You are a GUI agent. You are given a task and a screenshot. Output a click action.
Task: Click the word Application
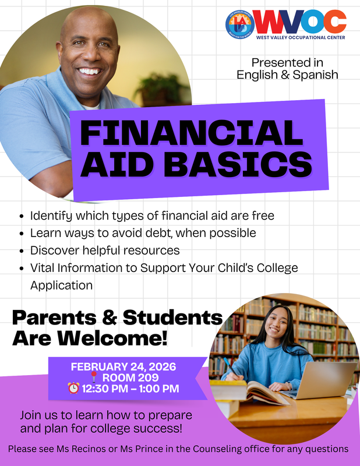[x=61, y=285]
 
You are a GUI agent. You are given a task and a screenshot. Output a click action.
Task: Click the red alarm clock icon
[x=73, y=389]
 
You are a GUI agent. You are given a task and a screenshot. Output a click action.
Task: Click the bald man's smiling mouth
[x=89, y=72]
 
